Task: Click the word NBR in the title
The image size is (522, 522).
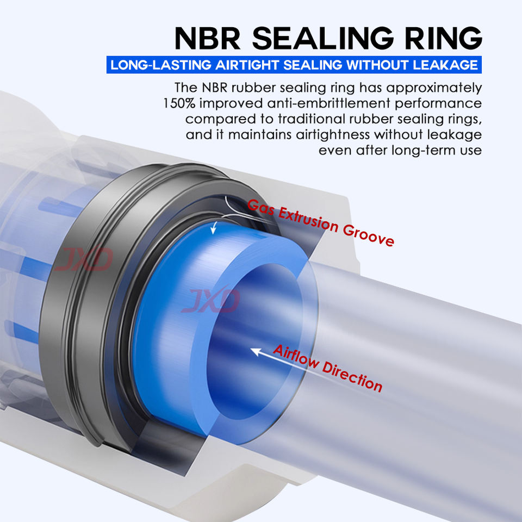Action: pos(207,38)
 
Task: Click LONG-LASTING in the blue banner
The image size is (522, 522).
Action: pos(161,65)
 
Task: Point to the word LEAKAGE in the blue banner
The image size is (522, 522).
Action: pos(445,65)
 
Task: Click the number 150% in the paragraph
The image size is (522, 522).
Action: pos(179,103)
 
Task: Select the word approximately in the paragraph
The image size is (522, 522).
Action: pos(434,88)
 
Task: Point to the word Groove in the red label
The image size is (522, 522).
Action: pos(369,235)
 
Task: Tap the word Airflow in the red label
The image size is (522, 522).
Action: pos(296,358)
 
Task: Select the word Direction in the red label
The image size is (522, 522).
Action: pos(352,376)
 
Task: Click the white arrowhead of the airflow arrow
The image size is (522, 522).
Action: pos(255,351)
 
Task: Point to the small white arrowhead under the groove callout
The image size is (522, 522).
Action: pos(213,229)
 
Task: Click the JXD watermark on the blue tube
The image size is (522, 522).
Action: pos(211,301)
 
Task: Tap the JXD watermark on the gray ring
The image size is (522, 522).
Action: pos(84,259)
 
